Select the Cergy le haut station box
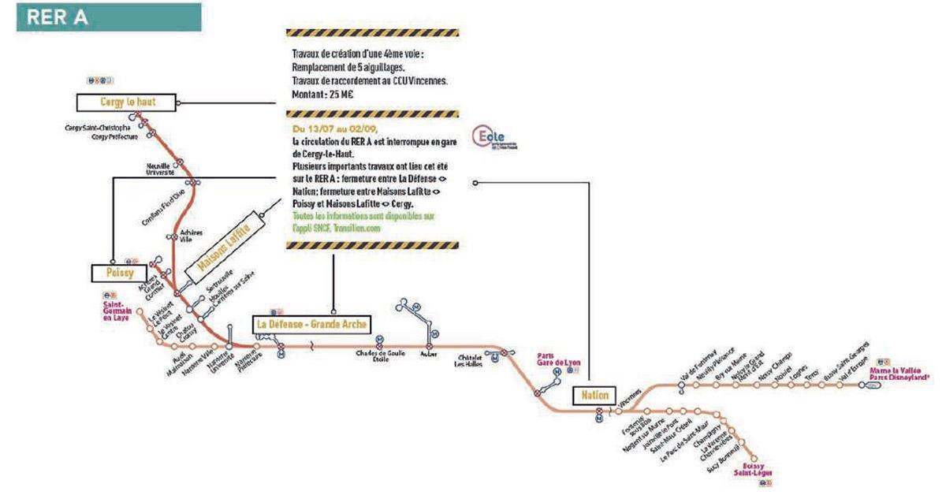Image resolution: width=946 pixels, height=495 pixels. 127,102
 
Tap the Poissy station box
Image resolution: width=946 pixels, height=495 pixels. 119,273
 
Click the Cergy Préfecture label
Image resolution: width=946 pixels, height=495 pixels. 114,136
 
